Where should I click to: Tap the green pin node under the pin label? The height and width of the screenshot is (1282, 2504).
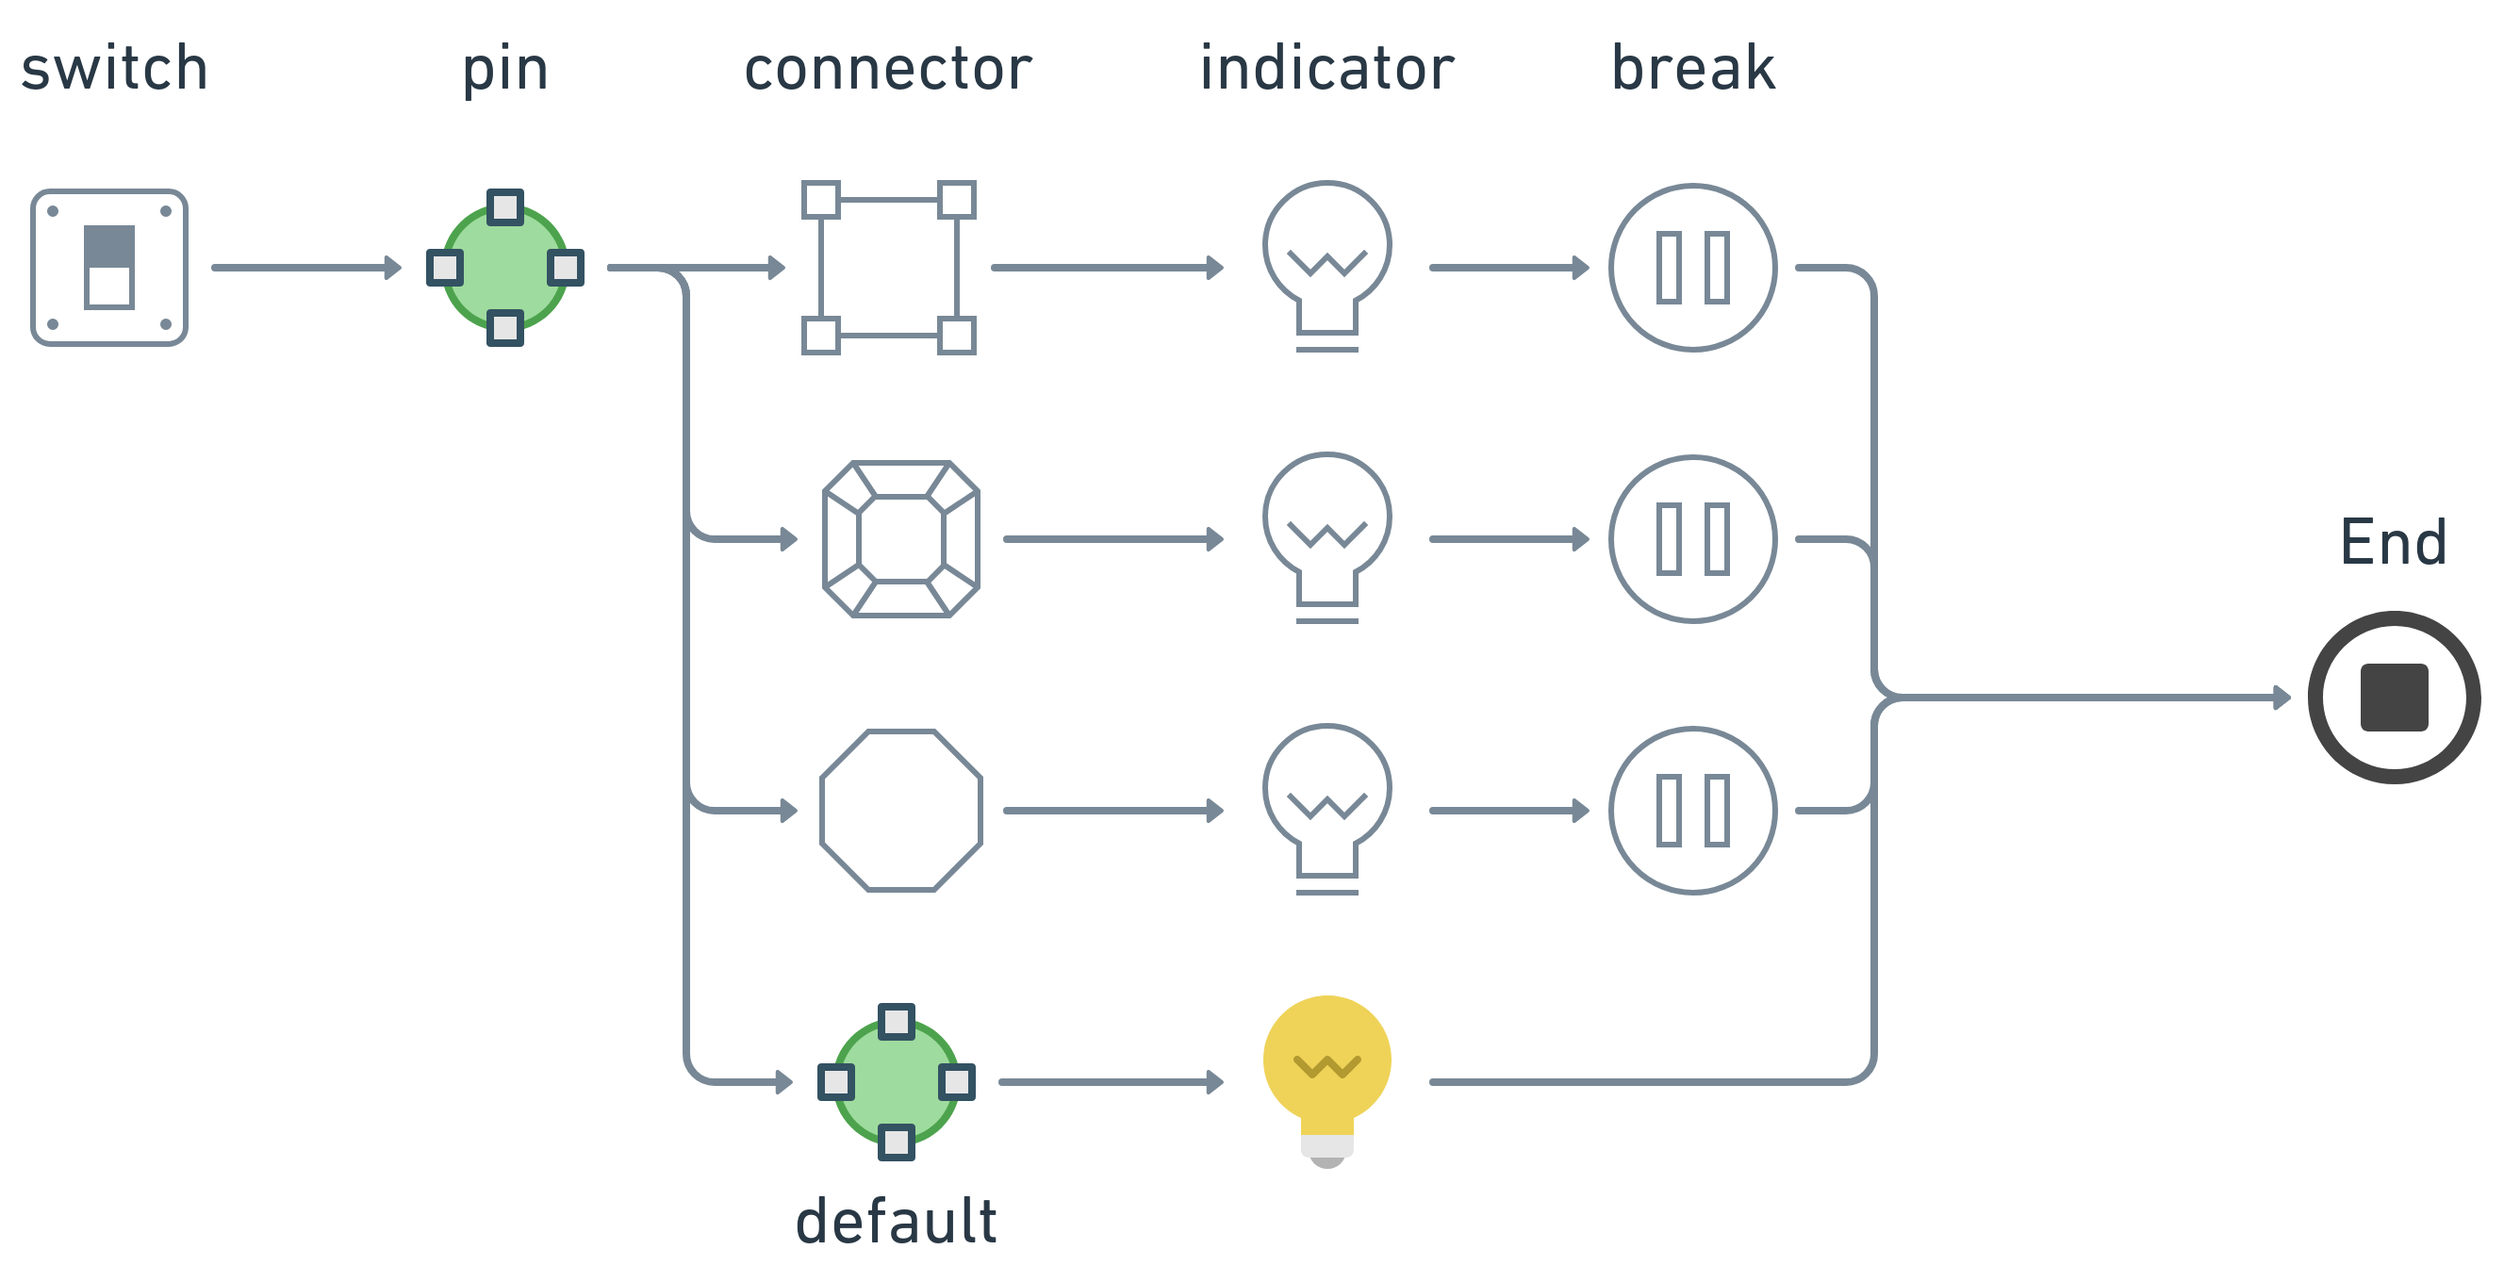504,268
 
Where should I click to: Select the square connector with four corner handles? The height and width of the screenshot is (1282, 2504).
888,268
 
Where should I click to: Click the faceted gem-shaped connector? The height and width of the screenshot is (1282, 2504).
901,538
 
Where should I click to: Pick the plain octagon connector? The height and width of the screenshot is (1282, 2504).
901,810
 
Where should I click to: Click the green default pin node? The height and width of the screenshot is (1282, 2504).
897,1081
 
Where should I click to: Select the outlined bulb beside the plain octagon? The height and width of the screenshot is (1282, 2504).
1326,804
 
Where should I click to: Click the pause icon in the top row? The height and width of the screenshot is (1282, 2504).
1692,268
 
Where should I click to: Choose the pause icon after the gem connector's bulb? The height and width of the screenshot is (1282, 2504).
1692,538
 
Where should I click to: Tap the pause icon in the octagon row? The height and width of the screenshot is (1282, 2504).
1692,810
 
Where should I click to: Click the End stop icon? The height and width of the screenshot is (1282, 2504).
2393,697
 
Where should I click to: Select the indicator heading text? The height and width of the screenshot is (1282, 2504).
1326,68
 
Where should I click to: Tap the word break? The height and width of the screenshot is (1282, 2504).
1692,68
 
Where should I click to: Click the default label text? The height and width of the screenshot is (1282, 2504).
897,1221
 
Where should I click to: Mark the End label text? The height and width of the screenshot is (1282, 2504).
2393,542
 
